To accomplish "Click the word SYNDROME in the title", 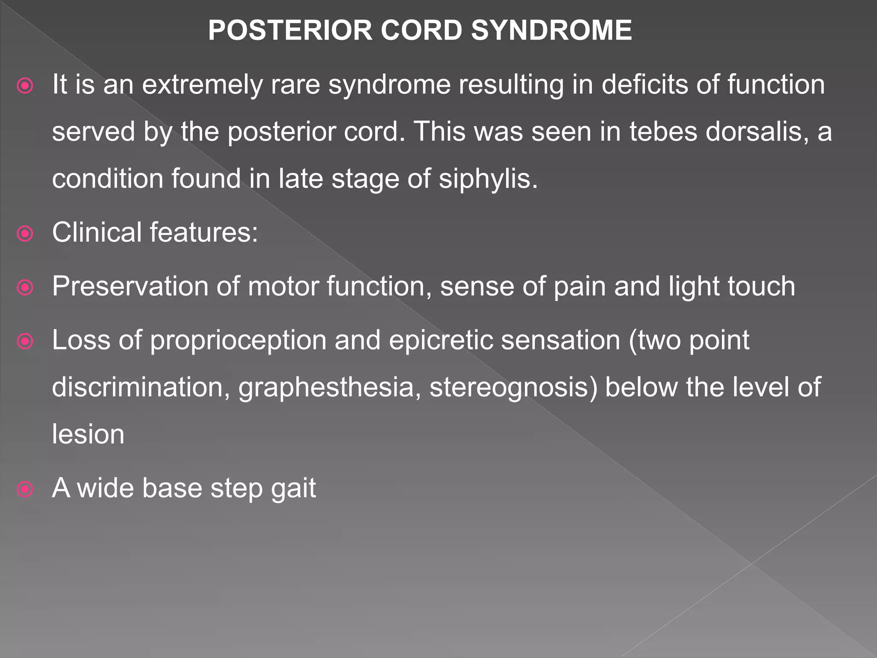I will pos(551,31).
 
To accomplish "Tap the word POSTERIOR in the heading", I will pos(290,31).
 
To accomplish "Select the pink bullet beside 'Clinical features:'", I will pos(25,234).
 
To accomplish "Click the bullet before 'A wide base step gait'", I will pos(25,489).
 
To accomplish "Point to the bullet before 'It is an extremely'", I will pos(25,86).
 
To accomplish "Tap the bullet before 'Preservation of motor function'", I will pos(25,287).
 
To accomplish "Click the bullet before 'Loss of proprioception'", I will pos(25,341).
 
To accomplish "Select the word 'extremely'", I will pos(202,85).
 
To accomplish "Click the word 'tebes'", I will pos(663,132).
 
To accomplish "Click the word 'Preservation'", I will pos(130,286).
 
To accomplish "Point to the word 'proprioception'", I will pos(238,341).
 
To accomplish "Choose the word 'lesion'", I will pos(88,434).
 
